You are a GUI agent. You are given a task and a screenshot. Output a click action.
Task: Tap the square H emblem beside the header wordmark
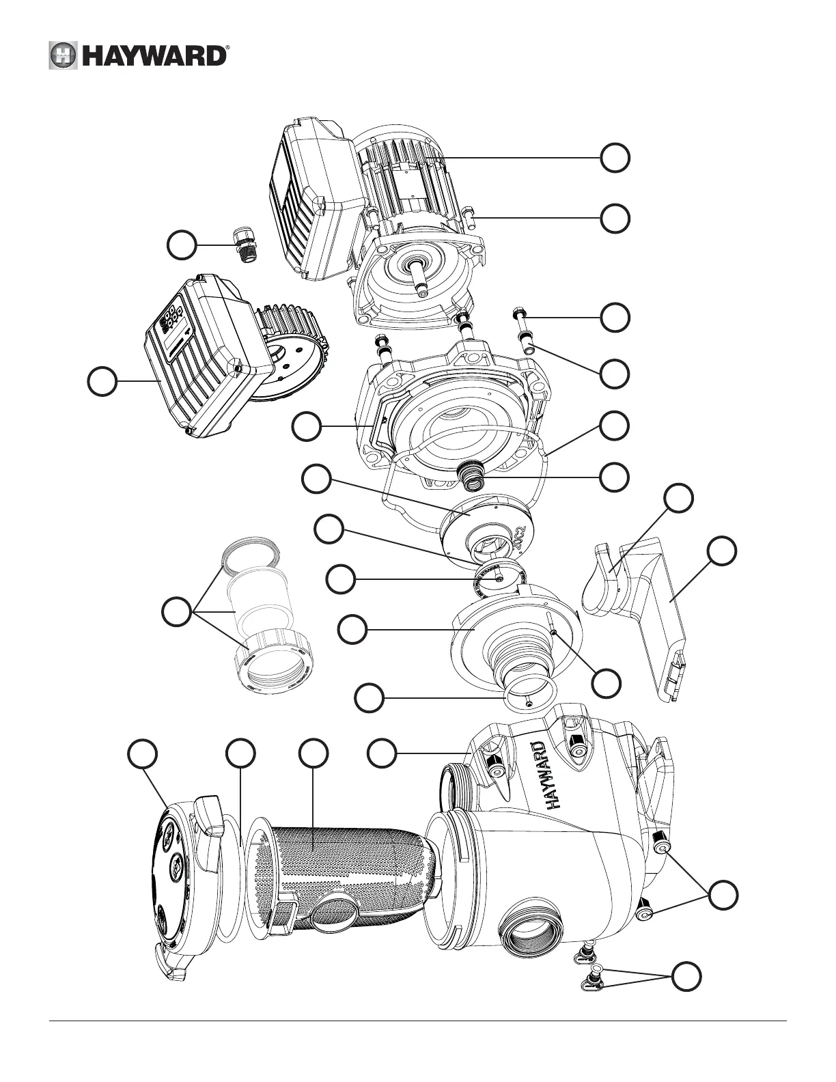(62, 56)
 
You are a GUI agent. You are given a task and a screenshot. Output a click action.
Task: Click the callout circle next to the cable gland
(184, 245)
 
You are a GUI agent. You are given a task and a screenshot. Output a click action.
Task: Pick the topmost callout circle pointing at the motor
(615, 158)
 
